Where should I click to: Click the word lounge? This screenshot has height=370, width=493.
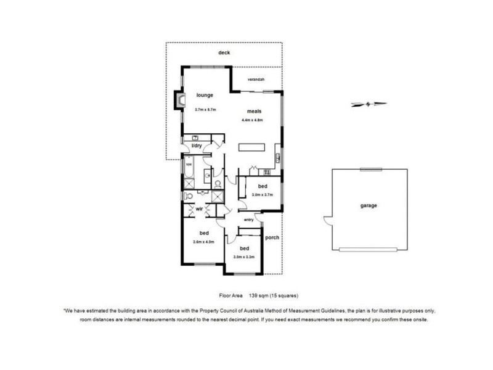(205, 96)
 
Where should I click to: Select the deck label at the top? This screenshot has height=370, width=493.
(224, 53)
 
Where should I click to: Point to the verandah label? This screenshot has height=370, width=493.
(256, 80)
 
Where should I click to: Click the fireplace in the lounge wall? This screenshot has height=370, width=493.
(180, 101)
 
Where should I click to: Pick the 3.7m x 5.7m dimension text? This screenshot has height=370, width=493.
(205, 109)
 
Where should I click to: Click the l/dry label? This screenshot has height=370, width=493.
(197, 146)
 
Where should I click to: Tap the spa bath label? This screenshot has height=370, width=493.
(189, 165)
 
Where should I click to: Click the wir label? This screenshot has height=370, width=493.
(199, 210)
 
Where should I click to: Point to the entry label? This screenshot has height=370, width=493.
(249, 220)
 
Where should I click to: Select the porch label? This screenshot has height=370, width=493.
(272, 237)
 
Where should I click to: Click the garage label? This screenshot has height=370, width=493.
(369, 205)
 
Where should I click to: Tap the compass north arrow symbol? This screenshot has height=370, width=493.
(369, 104)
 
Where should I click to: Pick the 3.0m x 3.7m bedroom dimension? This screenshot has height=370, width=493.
(262, 194)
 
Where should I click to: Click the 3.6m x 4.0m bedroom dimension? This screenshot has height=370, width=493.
(203, 242)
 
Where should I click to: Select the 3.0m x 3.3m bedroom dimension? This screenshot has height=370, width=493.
(244, 257)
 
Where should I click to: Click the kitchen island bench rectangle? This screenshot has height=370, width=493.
(253, 147)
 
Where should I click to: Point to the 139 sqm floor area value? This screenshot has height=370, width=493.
(258, 295)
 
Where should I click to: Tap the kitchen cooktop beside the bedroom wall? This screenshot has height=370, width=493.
(266, 171)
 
